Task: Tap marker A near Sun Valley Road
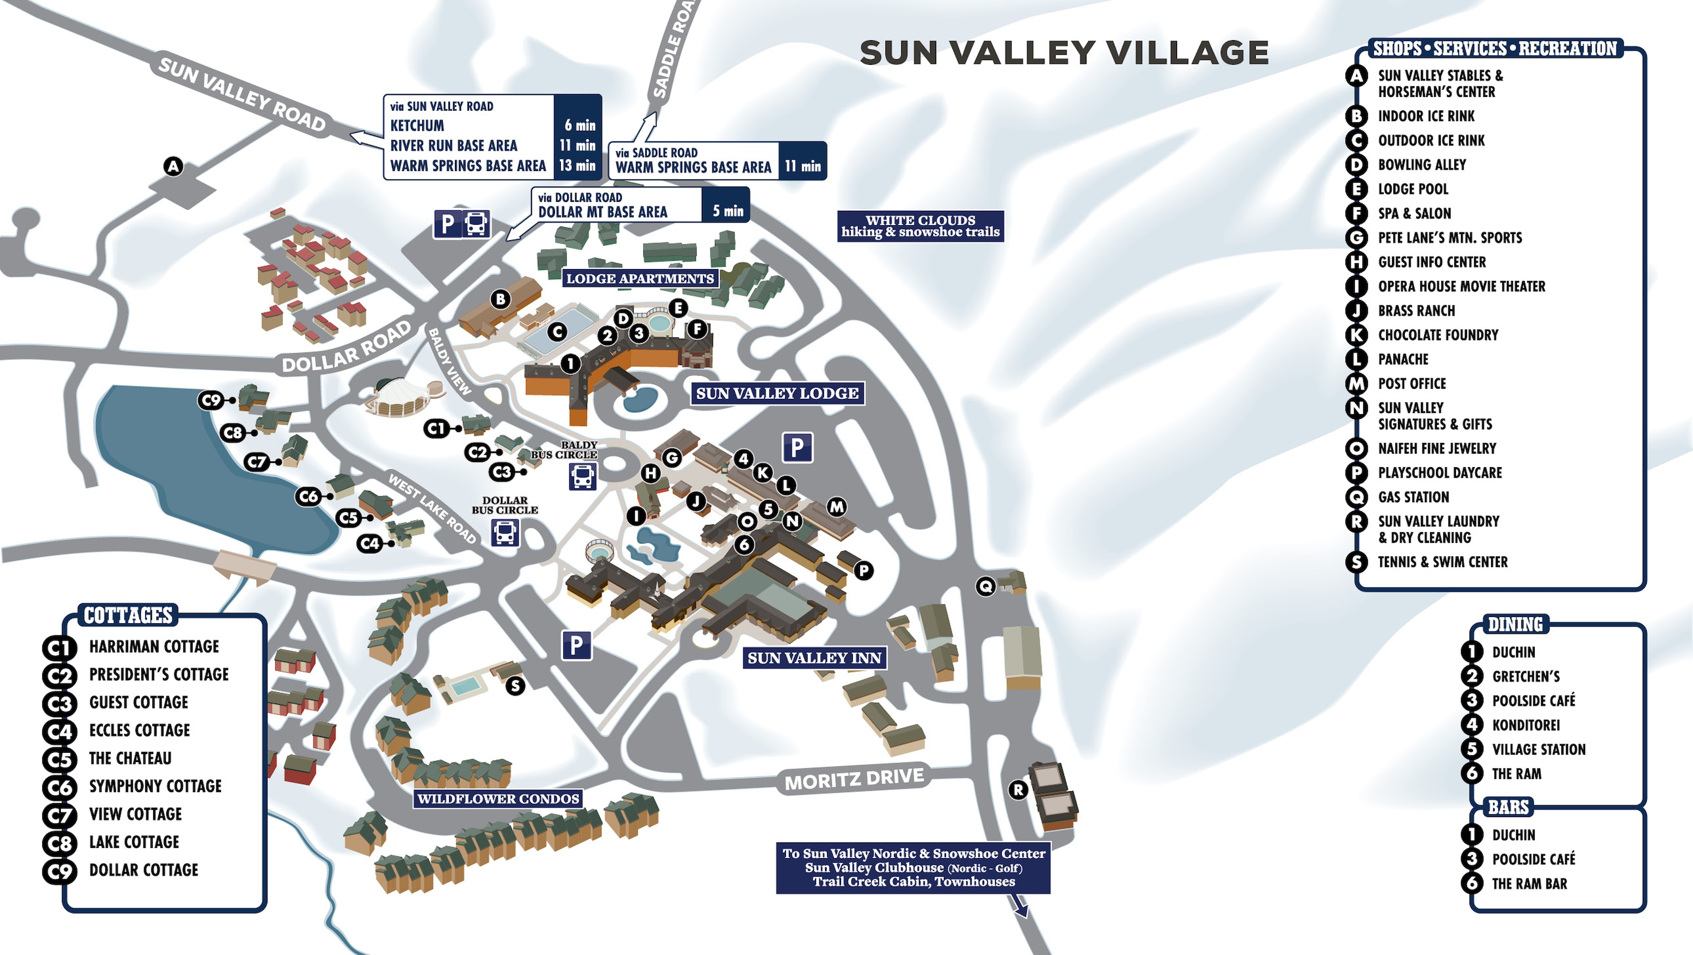(173, 167)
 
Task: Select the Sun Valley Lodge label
(777, 394)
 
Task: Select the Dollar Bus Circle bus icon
(505, 533)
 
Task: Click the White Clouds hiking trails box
(920, 226)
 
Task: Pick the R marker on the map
(1018, 790)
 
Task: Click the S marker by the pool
(515, 686)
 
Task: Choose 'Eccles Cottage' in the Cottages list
(139, 730)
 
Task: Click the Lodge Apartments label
(640, 278)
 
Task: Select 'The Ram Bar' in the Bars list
(1529, 884)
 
